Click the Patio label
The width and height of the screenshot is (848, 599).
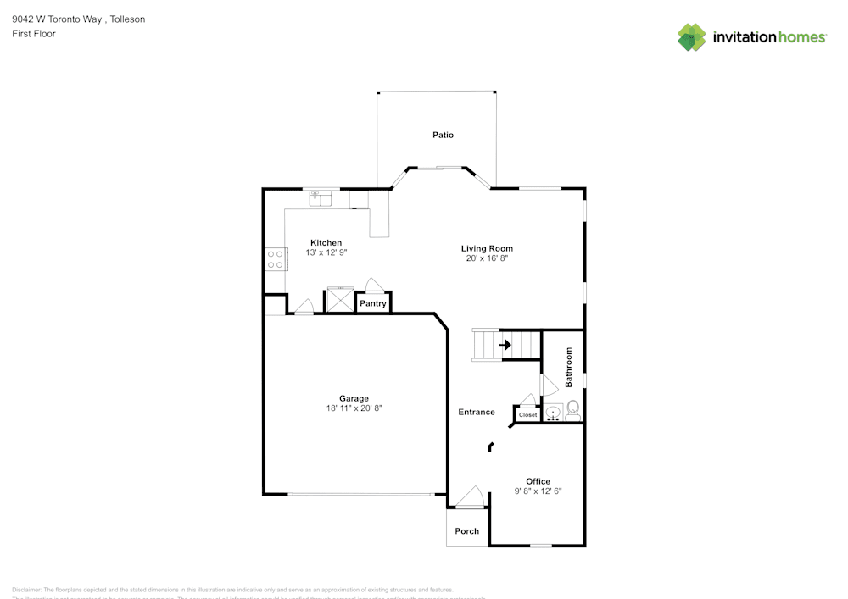[443, 135]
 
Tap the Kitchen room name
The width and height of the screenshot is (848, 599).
[326, 242]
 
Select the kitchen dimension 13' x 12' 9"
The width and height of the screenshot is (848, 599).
[326, 252]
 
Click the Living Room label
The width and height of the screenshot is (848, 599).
[487, 248]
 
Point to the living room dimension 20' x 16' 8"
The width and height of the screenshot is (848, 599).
[487, 258]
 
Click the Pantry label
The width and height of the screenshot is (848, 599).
[373, 303]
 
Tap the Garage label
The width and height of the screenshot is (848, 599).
[354, 398]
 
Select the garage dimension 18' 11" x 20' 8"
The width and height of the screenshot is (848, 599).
[354, 408]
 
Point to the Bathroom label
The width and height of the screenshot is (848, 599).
[569, 367]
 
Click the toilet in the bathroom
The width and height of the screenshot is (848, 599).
[572, 412]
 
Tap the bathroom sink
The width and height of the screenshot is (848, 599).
[552, 413]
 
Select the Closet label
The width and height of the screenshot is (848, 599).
[527, 415]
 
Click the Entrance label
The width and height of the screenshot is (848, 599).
[477, 412]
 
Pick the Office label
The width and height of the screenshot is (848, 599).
[538, 481]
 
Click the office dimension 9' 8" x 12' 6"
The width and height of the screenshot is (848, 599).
[538, 491]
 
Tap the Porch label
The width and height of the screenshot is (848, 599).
[467, 531]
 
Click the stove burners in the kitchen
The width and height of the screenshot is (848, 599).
[275, 258]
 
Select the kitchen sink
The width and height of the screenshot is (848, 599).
[320, 197]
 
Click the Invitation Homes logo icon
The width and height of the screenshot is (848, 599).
[692, 37]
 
